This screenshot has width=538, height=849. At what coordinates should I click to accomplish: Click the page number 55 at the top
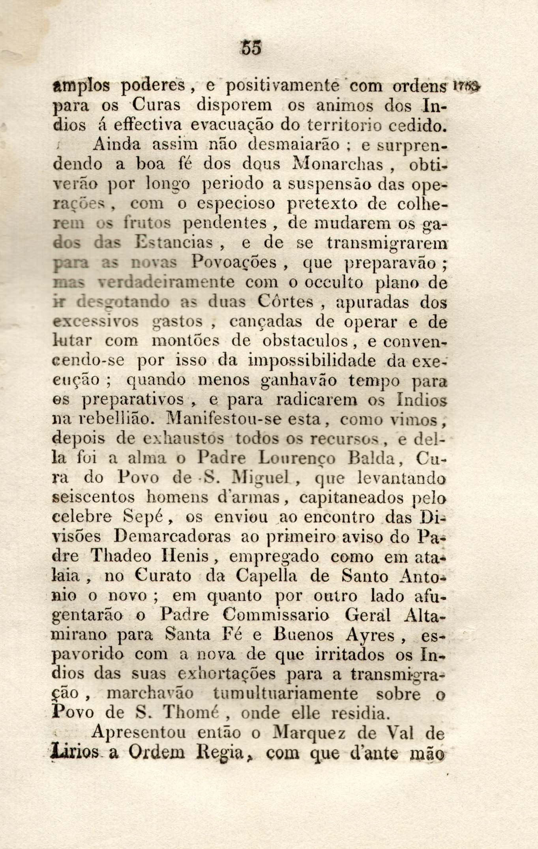(x=251, y=49)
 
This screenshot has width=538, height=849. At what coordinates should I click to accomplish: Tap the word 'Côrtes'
(x=285, y=302)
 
